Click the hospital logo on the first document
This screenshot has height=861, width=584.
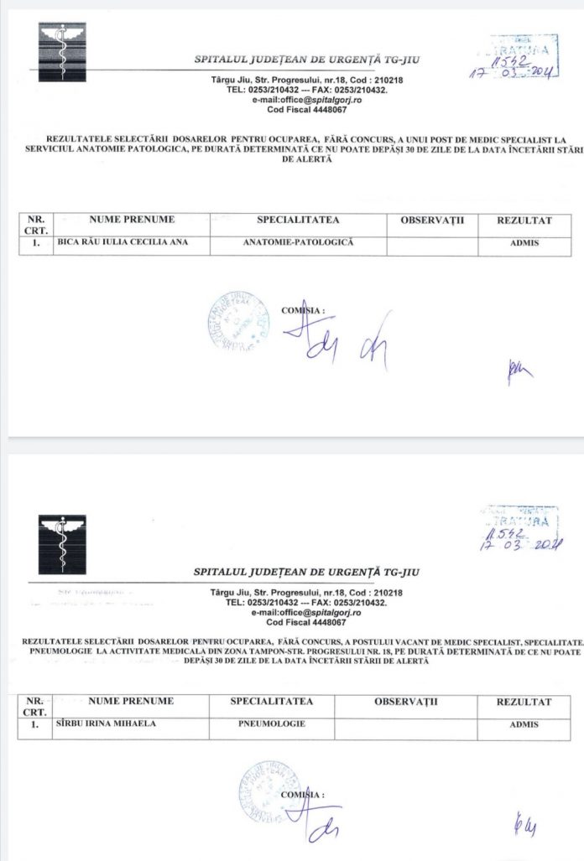(x=63, y=51)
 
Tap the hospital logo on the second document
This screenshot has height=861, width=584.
(x=63, y=544)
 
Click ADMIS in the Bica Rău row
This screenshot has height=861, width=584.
(x=524, y=243)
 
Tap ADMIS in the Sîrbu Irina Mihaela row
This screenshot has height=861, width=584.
(x=524, y=724)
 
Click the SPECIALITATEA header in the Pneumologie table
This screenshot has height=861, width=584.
(x=272, y=701)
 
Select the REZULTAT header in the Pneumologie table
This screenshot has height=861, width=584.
(x=524, y=701)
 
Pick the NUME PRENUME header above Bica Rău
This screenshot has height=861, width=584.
(x=132, y=220)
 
